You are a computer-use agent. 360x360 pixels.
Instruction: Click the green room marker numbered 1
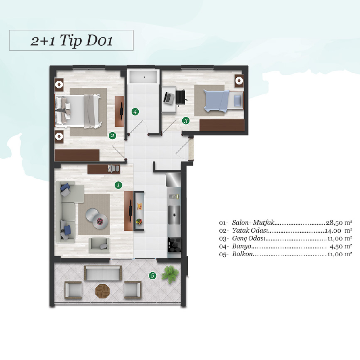coord(118,185)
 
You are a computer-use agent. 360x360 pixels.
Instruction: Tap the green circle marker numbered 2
coord(112,136)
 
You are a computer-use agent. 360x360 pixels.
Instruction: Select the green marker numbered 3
coord(186,121)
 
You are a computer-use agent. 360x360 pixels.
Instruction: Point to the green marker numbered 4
coord(135,112)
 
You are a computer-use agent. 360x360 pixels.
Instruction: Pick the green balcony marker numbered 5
coord(153,275)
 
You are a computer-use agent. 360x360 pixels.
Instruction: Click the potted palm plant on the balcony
coord(170,274)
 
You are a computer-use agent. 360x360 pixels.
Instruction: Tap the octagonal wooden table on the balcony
coord(103,291)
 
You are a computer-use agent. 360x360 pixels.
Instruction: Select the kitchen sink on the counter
coord(174,215)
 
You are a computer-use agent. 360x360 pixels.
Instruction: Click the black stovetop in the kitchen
coord(174,245)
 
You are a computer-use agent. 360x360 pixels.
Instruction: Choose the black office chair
coord(181,97)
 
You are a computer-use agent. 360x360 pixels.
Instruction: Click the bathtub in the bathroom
coord(144,77)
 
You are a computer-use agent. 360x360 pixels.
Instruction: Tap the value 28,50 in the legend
coord(334,223)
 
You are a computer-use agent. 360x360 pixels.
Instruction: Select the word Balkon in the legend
coord(242,254)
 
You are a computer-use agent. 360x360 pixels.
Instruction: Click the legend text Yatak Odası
coord(250,231)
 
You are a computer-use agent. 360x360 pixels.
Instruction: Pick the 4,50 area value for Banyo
coord(336,247)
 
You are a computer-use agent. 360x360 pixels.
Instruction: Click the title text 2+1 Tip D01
coord(71,41)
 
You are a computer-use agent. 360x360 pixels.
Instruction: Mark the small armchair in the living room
coord(99,245)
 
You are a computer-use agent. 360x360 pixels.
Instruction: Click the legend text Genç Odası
coord(248,239)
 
